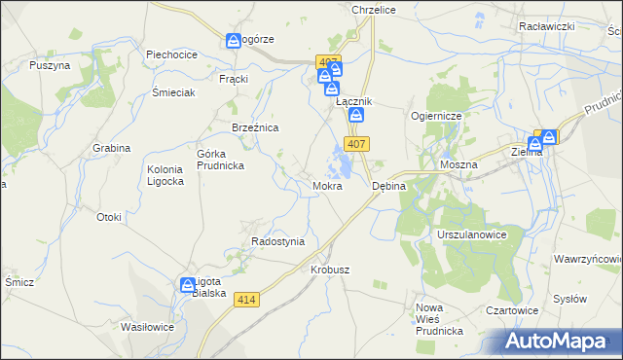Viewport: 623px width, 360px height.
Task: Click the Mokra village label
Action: pos(327,185)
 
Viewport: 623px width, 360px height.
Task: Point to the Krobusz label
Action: pos(330,270)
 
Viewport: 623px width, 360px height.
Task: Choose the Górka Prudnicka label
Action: pos(220,160)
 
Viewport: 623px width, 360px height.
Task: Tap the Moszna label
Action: pos(458,165)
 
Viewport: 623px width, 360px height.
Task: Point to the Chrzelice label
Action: pos(370,9)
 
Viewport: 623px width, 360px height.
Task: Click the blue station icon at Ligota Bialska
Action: pos(188,285)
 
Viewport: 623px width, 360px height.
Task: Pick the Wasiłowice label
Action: pos(147,327)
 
